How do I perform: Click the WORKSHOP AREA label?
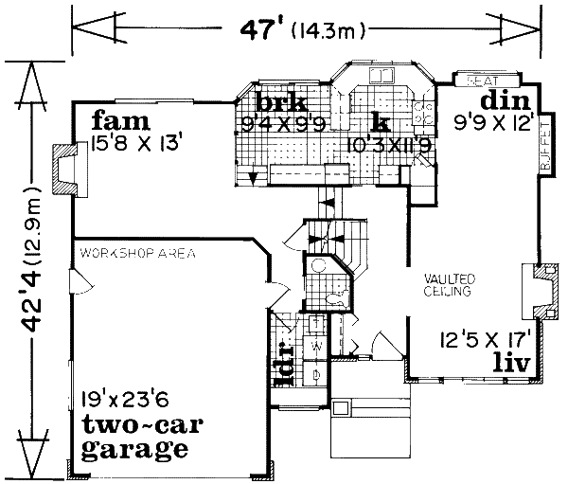coord(136,254)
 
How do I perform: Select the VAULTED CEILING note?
coord(450,284)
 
